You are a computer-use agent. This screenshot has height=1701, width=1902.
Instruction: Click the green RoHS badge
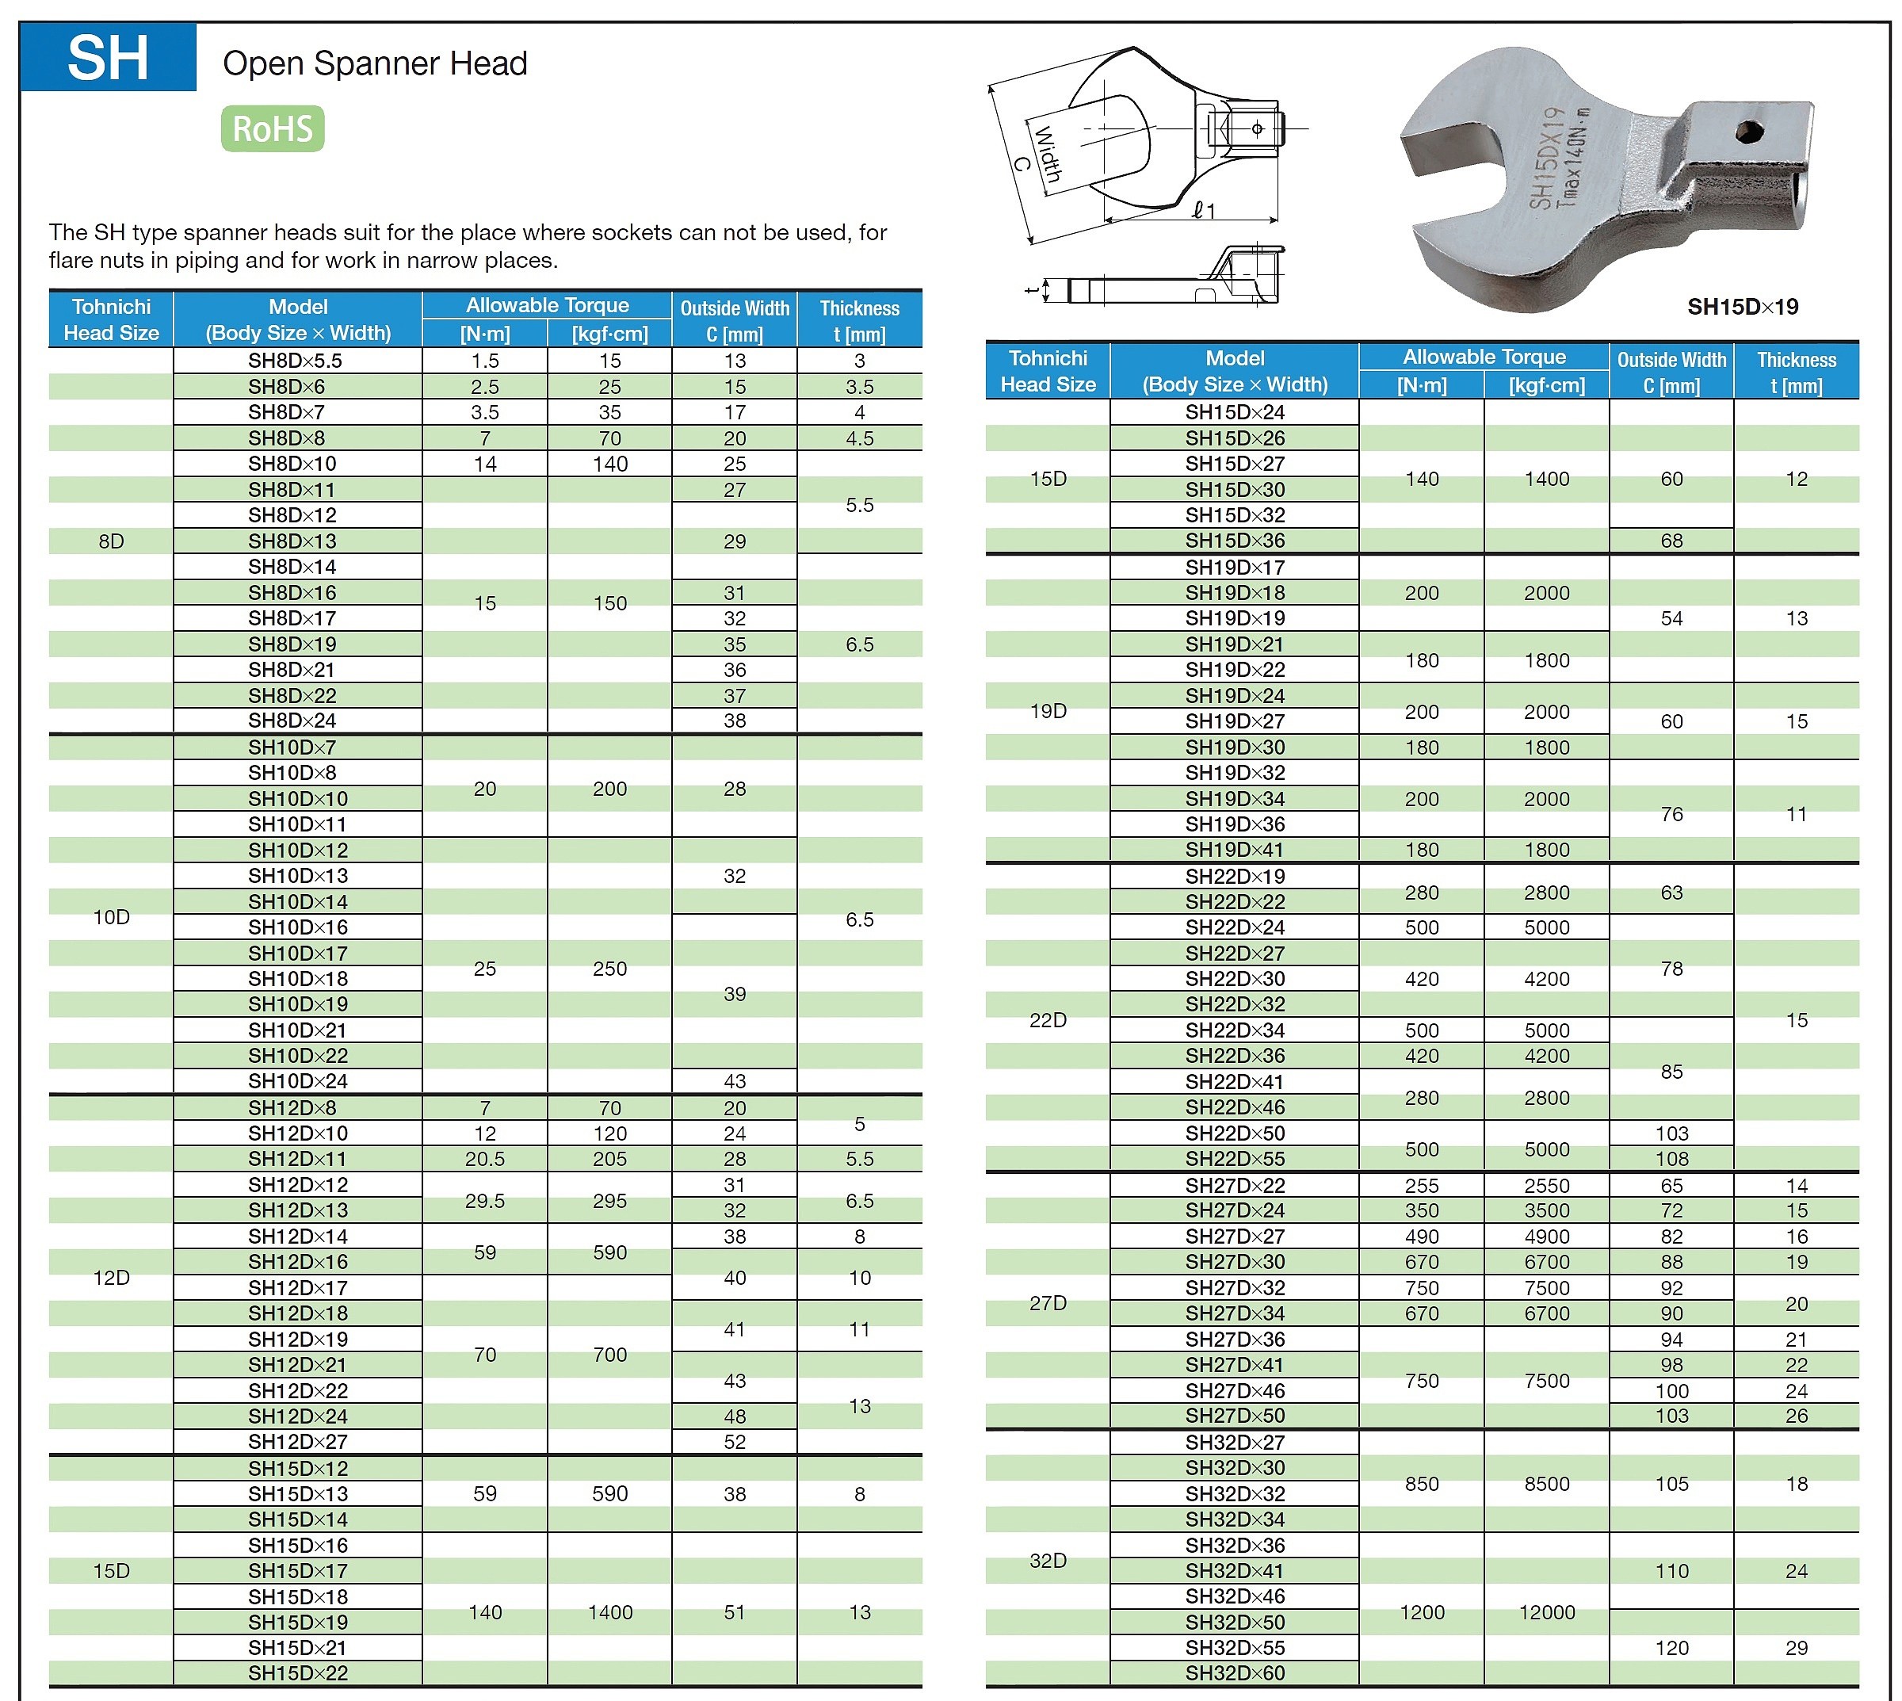(272, 129)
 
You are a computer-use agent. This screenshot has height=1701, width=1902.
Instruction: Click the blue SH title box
(108, 58)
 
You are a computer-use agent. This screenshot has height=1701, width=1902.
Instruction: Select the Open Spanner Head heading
(375, 63)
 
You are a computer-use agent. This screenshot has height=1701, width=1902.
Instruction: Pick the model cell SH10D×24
(297, 1081)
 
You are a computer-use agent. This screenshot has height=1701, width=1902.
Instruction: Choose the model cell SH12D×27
(297, 1441)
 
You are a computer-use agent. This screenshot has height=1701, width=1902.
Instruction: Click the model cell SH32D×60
(1235, 1673)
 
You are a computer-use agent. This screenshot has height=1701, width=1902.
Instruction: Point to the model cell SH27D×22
(1235, 1185)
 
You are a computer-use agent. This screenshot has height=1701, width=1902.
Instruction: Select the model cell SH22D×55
(1235, 1159)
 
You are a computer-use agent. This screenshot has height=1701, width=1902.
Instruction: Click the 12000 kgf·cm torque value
(1547, 1612)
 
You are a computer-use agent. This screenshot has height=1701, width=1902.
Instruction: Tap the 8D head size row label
(111, 541)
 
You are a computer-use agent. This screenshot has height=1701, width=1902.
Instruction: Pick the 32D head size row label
(1048, 1560)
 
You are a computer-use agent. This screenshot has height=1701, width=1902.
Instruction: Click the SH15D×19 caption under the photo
(1742, 307)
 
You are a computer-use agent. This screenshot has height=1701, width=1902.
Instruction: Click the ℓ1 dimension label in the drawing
(1204, 210)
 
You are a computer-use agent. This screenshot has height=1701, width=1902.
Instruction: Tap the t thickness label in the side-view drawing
(1032, 290)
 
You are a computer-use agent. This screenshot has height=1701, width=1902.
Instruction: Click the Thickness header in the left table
(859, 319)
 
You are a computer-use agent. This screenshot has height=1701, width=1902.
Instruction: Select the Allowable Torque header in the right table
(1484, 357)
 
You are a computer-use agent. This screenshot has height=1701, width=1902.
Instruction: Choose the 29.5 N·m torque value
(484, 1201)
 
